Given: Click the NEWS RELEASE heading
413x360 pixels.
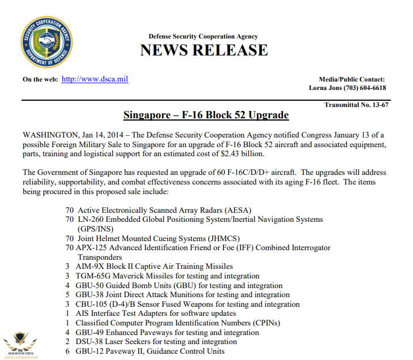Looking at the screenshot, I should tap(204, 50).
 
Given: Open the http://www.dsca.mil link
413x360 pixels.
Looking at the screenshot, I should tap(94, 79).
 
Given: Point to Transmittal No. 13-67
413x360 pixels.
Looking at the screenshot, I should tap(356, 105).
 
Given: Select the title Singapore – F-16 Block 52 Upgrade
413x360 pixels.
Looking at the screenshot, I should tap(206, 115).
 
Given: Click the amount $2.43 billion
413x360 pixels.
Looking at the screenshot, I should tap(247, 154).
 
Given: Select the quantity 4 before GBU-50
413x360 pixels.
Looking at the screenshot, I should tap(67, 285).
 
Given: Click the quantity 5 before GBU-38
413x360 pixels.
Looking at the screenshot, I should tap(67, 295).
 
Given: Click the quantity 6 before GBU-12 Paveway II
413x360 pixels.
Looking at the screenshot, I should tap(67, 351).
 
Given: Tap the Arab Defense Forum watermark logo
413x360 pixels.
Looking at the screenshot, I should tap(19, 343).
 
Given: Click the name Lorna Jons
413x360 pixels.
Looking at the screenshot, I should tap(329, 88).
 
